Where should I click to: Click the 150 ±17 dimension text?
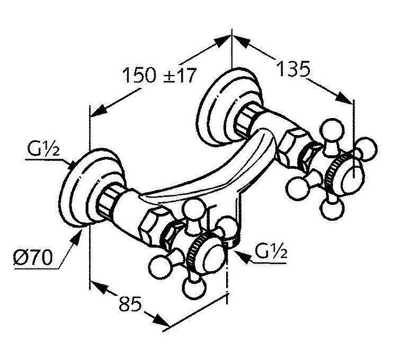pos(159,75)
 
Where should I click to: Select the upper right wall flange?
pos(217,105)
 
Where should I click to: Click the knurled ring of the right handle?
pos(335,173)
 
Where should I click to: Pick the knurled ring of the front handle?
pos(200,248)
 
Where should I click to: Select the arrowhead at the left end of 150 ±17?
pos(99,111)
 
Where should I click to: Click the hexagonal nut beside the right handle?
pos(294,142)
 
